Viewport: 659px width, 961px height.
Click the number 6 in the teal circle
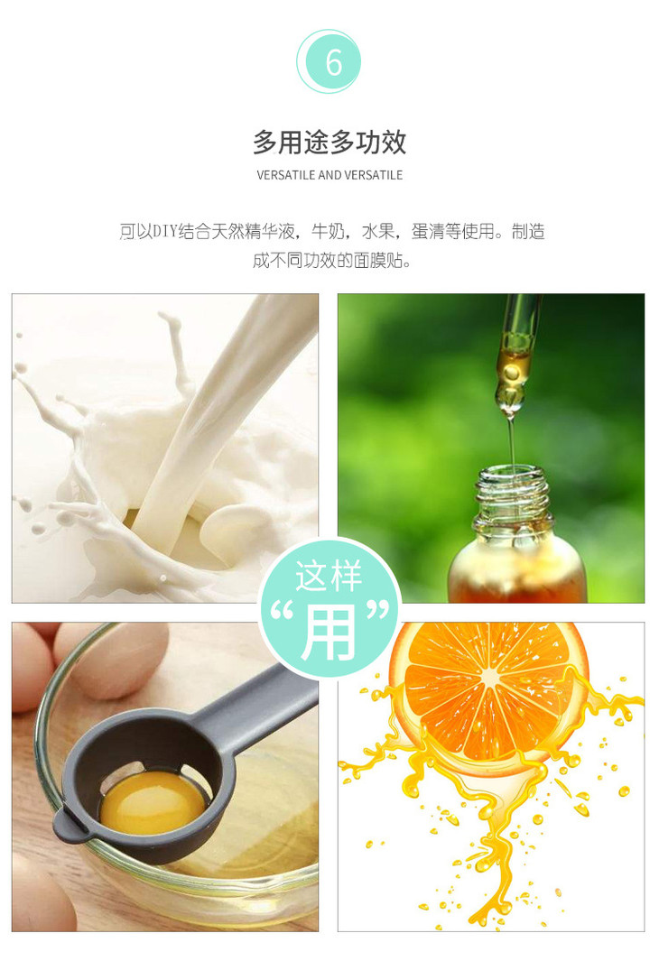tap(333, 62)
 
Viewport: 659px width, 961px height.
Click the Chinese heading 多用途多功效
tap(329, 143)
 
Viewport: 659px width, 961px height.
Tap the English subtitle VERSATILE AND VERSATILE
tap(329, 175)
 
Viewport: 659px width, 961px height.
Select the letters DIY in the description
tap(165, 232)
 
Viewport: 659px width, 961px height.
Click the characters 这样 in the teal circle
tap(329, 576)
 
